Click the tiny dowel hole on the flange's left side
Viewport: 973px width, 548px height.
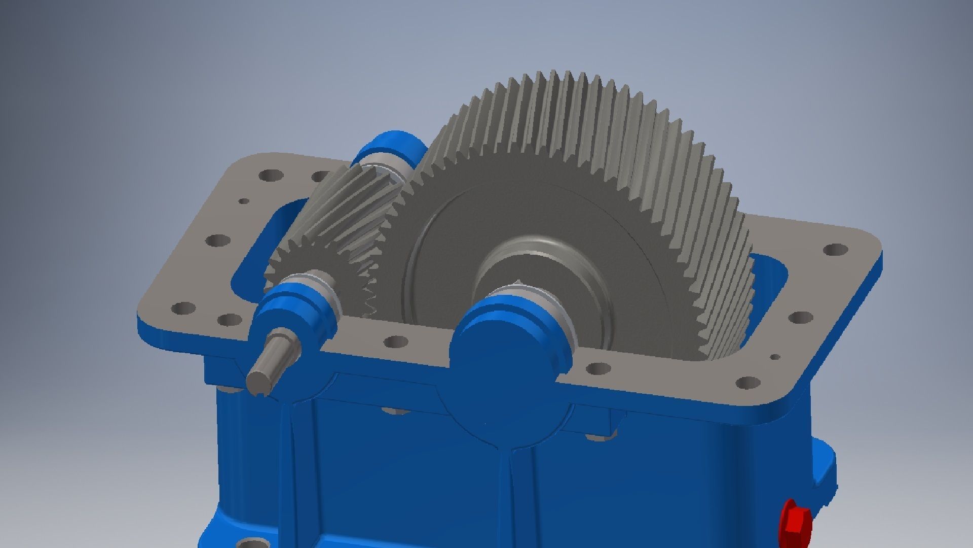[x=244, y=201]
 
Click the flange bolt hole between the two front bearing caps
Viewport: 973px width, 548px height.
[x=396, y=341]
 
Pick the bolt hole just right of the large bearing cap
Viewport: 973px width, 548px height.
[x=598, y=368]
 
